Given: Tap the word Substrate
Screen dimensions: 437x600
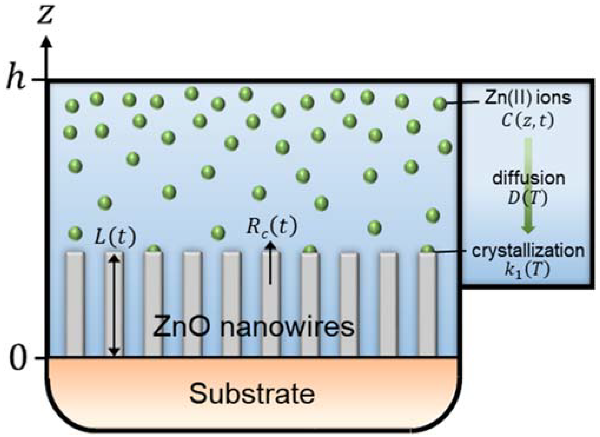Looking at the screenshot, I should pos(252,394).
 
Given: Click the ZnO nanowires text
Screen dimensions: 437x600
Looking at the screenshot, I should pos(253,327).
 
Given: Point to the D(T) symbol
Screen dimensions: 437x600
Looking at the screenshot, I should pos(528,198).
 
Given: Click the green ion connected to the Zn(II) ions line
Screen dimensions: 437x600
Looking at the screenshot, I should pos(440,104).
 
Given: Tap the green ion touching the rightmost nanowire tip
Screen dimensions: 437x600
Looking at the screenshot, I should pos(427,250).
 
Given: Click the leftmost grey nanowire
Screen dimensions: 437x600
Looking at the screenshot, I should pos(75,303).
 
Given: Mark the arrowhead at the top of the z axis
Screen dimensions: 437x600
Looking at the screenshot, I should pos(46,41).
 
